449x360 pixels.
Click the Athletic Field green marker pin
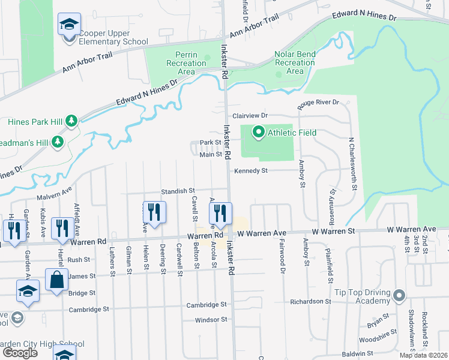[x=259, y=132]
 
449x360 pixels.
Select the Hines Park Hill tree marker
[x=71, y=121]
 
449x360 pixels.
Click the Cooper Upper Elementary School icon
[x=69, y=25]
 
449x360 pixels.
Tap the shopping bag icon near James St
[x=57, y=280]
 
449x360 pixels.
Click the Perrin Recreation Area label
[x=186, y=63]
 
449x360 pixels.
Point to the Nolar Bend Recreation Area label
[x=295, y=62]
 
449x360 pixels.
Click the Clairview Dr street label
[x=249, y=115]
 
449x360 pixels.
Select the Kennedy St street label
[x=250, y=170]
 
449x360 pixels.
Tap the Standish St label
[x=178, y=190]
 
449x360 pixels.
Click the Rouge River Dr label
[x=319, y=103]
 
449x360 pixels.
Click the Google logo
[x=20, y=353]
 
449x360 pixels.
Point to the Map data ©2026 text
[x=423, y=355]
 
